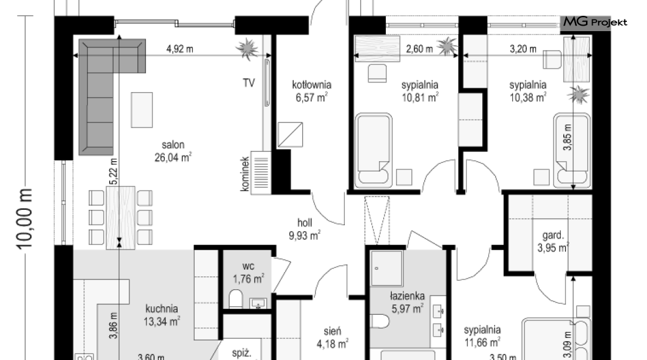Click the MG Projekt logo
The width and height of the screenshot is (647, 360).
click(x=595, y=22)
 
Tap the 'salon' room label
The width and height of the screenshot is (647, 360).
click(x=173, y=145)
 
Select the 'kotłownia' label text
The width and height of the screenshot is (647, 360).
click(x=311, y=85)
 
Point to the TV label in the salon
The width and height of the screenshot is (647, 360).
click(x=248, y=83)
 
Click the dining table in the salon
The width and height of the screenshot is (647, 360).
click(x=120, y=218)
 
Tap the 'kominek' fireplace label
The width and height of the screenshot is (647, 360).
click(x=245, y=174)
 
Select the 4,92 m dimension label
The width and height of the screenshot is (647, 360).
click(x=180, y=49)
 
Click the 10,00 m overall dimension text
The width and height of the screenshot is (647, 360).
click(x=24, y=218)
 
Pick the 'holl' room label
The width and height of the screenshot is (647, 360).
click(x=305, y=223)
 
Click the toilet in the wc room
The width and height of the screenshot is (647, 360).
click(x=236, y=299)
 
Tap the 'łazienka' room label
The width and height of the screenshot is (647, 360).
click(x=407, y=296)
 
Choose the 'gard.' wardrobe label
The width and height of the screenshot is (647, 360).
click(x=553, y=236)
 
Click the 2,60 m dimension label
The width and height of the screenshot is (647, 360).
click(x=420, y=49)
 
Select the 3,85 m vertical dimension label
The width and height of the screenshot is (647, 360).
click(x=568, y=137)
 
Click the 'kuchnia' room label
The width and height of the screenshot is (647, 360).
click(x=162, y=309)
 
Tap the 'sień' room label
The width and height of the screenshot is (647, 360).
click(x=332, y=331)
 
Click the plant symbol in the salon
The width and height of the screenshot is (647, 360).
click(x=247, y=49)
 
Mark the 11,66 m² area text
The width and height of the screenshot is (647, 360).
click(x=482, y=342)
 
